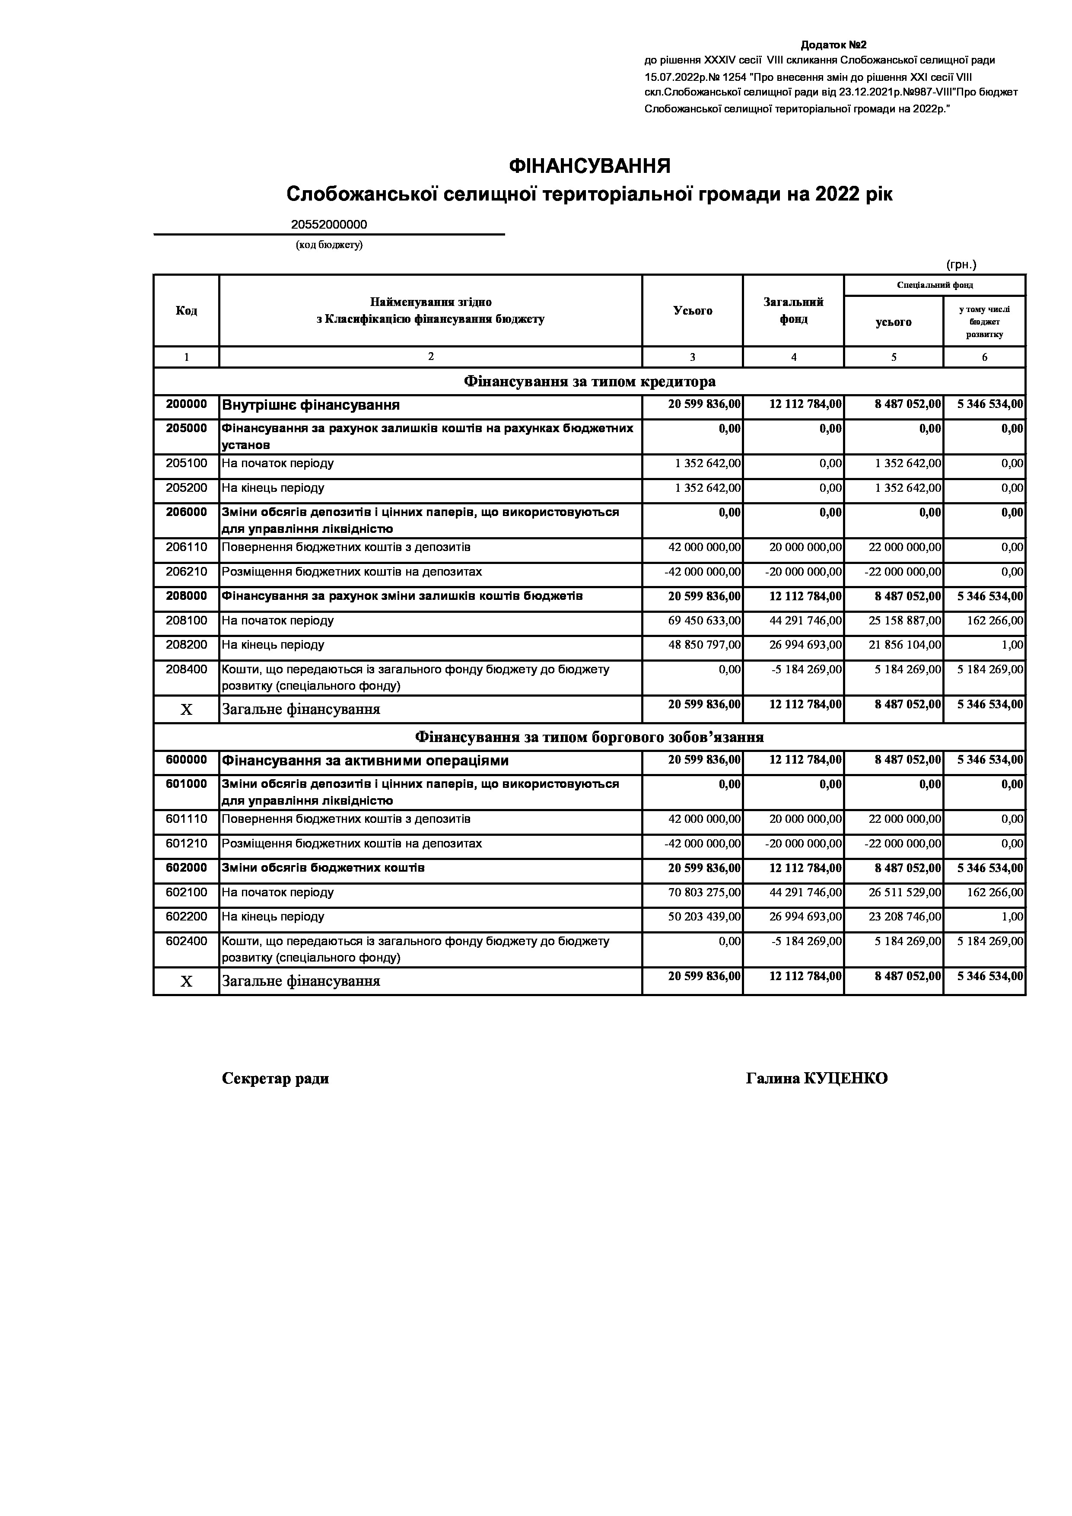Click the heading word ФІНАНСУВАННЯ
click(x=589, y=166)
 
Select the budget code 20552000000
click(x=329, y=224)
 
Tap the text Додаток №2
click(x=833, y=45)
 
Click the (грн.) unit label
click(x=961, y=265)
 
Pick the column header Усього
click(x=693, y=310)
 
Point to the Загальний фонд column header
click(x=793, y=310)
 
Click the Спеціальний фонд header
click(x=935, y=285)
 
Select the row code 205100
click(x=186, y=464)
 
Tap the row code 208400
click(x=186, y=669)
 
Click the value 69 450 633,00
click(x=704, y=621)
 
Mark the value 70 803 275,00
click(x=704, y=893)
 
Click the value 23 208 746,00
click(x=904, y=917)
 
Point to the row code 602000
click(x=186, y=868)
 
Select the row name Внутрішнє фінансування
click(x=311, y=405)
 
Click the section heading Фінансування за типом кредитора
click(x=589, y=382)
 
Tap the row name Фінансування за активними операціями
click(x=365, y=761)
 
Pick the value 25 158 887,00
click(x=904, y=621)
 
